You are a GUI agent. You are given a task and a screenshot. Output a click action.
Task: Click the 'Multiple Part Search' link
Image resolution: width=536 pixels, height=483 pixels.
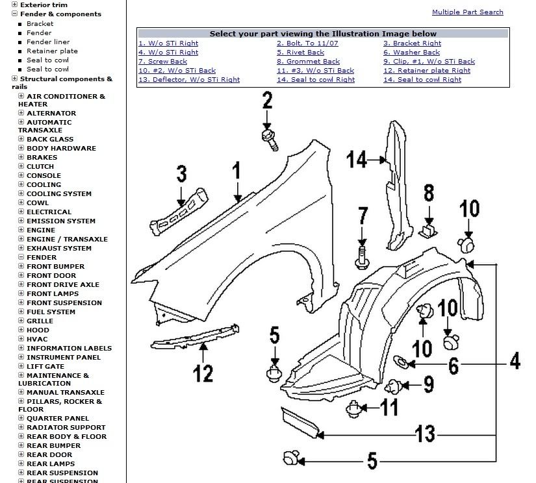click(467, 12)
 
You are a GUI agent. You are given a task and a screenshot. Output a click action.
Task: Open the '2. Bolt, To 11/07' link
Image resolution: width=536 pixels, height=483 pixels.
click(307, 43)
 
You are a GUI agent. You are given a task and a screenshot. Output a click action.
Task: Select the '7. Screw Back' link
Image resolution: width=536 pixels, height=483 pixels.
click(162, 62)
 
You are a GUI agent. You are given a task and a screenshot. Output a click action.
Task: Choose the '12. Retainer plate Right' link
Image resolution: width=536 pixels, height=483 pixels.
click(426, 71)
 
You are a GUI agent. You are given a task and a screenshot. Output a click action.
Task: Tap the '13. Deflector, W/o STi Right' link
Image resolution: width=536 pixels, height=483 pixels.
click(188, 80)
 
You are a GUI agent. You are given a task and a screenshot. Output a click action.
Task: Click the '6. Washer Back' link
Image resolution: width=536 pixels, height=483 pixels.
click(411, 53)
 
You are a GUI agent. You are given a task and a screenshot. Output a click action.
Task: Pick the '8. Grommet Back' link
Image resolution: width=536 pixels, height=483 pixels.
click(308, 62)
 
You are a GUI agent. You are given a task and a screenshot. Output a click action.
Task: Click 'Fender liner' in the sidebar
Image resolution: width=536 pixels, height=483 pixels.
click(48, 42)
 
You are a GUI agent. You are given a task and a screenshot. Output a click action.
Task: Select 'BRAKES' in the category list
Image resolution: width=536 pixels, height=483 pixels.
click(42, 157)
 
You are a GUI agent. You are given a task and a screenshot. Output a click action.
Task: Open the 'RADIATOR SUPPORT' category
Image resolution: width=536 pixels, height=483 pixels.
click(66, 427)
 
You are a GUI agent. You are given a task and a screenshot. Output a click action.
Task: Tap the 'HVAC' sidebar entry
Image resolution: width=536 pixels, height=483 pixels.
click(37, 339)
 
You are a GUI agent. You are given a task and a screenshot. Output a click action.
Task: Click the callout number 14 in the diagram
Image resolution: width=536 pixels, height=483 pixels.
click(356, 158)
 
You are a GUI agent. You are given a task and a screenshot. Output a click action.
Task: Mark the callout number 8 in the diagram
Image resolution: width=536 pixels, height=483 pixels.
click(429, 193)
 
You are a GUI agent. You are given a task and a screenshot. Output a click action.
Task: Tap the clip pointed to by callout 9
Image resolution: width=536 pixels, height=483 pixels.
click(392, 388)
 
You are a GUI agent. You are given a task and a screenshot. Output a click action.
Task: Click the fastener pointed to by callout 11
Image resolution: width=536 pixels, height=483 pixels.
click(353, 409)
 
